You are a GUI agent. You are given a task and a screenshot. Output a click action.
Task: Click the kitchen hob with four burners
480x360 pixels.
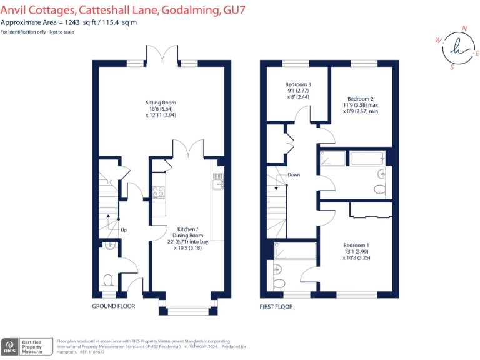[158, 192]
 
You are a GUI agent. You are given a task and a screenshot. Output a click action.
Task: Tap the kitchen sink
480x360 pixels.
[217, 181]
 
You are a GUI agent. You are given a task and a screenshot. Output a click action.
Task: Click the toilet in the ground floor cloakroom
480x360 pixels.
[108, 281]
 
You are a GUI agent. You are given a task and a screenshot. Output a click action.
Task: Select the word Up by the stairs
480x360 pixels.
[124, 230]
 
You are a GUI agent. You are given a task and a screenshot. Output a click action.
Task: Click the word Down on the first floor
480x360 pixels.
[294, 174]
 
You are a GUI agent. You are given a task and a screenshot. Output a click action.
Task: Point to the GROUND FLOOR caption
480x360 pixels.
[114, 306]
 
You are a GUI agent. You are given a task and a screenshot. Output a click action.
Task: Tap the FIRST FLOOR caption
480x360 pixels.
[276, 307]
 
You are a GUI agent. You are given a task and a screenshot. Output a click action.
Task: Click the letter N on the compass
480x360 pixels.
[464, 29]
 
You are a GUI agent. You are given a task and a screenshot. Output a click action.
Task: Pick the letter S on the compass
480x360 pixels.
[452, 67]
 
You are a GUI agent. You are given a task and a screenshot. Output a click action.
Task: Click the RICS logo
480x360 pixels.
[9, 347]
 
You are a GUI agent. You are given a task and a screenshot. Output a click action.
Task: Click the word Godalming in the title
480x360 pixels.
[191, 10]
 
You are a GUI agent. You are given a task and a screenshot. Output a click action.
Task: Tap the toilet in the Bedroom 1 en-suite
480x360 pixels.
[279, 283]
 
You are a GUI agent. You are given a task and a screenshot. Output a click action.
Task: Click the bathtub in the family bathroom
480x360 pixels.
[367, 158]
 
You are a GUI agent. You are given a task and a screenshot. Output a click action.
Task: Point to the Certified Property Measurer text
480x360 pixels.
[32, 347]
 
